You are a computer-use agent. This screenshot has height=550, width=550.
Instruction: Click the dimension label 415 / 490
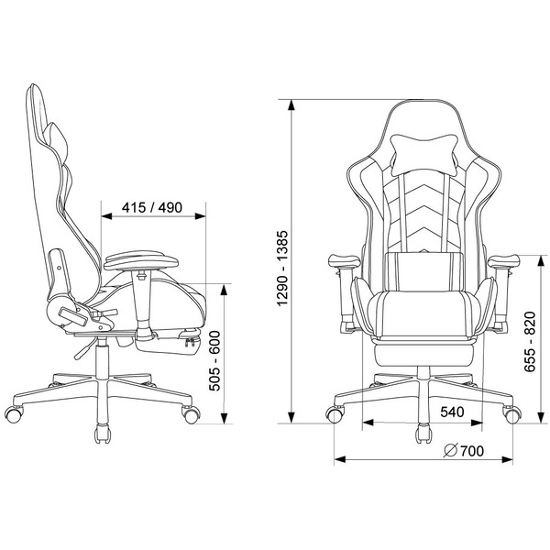point(152,208)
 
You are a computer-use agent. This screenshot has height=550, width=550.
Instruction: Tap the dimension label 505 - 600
point(214,360)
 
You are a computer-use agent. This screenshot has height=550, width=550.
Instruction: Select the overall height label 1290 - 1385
point(282,269)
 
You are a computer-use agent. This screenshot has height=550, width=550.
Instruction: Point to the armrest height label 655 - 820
point(530,342)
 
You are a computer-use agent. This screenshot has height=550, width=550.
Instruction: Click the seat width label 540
point(452,412)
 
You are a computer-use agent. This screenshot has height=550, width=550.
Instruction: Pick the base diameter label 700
point(472,451)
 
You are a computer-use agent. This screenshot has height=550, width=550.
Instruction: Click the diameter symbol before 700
point(451,451)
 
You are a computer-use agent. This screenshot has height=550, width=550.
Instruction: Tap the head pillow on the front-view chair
point(423,154)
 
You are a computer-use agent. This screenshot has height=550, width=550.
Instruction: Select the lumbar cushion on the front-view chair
point(423,271)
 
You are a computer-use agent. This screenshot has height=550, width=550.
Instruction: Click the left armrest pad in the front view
point(344,261)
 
